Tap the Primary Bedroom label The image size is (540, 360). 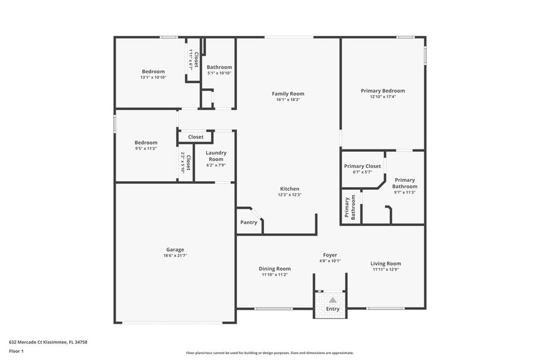(383, 91)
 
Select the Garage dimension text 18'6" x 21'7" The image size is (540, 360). (175, 256)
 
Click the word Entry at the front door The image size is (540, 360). (332, 309)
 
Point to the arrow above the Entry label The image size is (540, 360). (332, 300)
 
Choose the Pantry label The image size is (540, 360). (249, 222)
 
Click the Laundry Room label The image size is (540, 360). (216, 156)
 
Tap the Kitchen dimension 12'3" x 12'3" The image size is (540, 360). (290, 195)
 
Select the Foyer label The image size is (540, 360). (330, 255)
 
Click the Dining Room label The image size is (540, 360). (274, 268)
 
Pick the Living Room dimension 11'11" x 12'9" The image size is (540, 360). (386, 269)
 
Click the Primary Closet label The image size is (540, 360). (362, 166)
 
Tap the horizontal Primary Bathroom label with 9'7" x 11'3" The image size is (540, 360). (405, 184)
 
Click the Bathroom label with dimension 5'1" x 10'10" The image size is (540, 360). (219, 67)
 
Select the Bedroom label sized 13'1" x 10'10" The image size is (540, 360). (153, 72)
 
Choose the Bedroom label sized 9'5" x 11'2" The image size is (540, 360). (146, 143)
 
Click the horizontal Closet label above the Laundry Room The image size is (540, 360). (196, 137)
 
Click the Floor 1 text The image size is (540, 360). (16, 351)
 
